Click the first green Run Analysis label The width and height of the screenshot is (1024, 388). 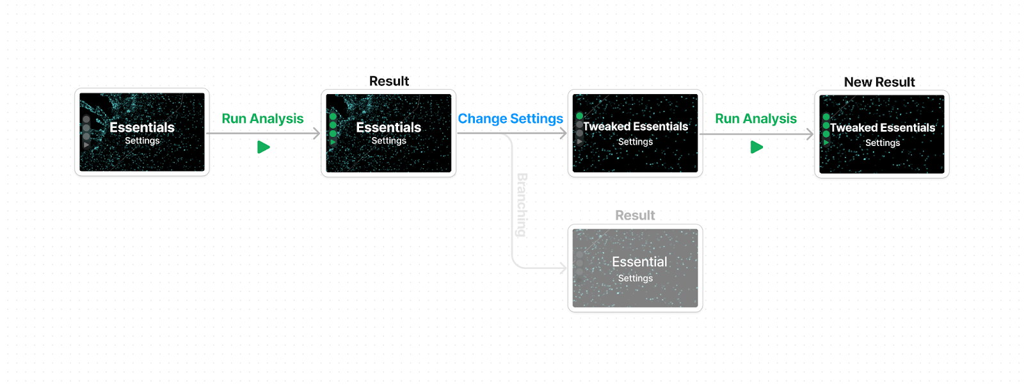click(x=262, y=118)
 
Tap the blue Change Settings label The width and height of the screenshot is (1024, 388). click(x=510, y=118)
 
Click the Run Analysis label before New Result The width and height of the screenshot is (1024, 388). click(x=756, y=118)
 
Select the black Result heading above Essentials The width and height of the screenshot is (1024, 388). click(x=389, y=81)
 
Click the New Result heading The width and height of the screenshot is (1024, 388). click(x=879, y=82)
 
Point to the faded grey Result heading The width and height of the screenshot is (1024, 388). click(x=635, y=215)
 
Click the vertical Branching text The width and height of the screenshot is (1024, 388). click(x=522, y=204)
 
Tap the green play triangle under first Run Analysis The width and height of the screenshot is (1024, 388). click(x=263, y=147)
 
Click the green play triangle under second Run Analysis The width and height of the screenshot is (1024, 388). click(x=756, y=147)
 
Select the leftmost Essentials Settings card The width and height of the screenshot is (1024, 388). click(x=142, y=133)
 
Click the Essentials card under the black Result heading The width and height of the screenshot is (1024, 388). click(x=388, y=133)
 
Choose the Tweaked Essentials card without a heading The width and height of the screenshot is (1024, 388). click(x=635, y=133)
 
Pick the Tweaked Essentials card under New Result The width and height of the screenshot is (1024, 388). click(x=882, y=134)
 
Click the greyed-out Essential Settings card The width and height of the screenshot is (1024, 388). click(x=635, y=268)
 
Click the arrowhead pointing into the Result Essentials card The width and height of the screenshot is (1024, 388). click(x=317, y=134)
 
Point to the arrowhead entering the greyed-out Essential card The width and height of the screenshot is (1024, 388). click(x=564, y=268)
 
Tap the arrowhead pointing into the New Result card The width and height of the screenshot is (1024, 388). click(x=810, y=134)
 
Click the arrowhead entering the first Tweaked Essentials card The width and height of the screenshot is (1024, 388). click(x=564, y=134)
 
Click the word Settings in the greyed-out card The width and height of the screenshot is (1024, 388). click(x=636, y=278)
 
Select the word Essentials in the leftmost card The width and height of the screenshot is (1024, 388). click(x=142, y=127)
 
